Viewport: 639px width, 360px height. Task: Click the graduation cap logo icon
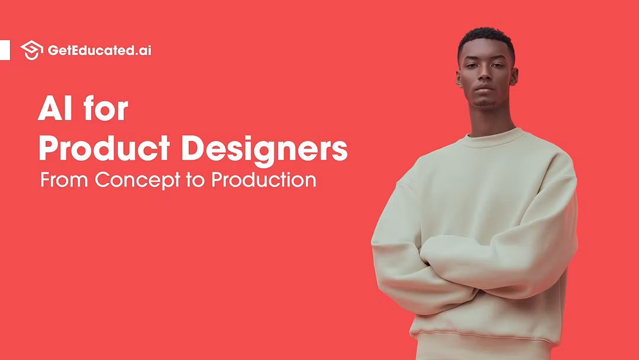click(x=32, y=50)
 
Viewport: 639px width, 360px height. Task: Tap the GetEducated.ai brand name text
click(x=99, y=50)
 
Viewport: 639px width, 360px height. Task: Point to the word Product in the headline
click(x=104, y=148)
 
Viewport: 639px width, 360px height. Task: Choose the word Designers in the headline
click(x=264, y=150)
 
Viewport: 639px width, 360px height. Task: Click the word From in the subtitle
click(x=64, y=179)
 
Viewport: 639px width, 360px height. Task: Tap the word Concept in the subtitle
click(x=138, y=180)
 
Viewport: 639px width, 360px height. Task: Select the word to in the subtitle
click(x=196, y=180)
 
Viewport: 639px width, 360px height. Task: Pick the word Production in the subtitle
click(x=264, y=180)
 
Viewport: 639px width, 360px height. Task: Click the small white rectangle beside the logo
click(x=5, y=50)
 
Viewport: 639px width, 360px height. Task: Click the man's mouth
click(x=484, y=89)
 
